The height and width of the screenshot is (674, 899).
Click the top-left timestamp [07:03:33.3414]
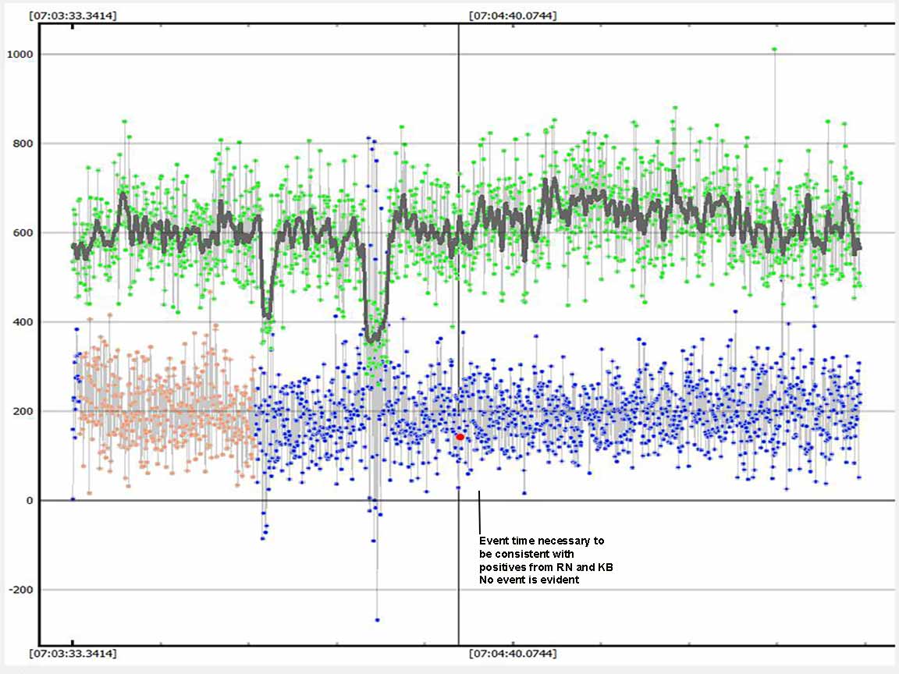pyautogui.click(x=73, y=16)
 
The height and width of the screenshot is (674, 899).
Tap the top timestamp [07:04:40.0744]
pyautogui.click(x=513, y=16)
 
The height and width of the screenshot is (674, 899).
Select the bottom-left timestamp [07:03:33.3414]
pyautogui.click(x=73, y=654)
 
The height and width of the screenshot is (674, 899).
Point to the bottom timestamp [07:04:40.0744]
pyautogui.click(x=513, y=654)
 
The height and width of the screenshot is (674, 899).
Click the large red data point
pyautogui.click(x=460, y=437)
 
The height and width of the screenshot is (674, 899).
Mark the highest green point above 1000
pyautogui.click(x=774, y=49)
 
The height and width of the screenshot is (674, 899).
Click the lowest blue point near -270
pyautogui.click(x=377, y=619)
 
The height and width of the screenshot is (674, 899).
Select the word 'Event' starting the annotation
pyautogui.click(x=493, y=541)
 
